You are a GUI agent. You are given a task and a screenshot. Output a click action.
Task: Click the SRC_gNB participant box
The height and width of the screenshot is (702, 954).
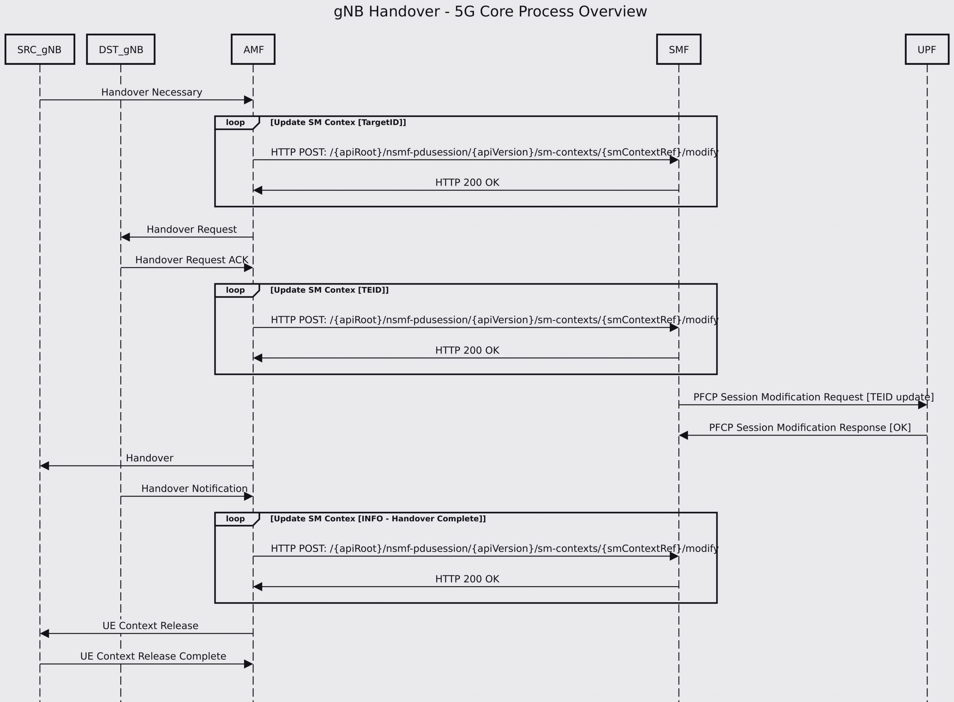click(40, 49)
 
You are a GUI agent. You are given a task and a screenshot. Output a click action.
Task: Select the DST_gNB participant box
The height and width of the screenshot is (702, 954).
click(121, 49)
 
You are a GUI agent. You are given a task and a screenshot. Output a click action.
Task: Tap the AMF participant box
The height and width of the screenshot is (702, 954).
click(253, 49)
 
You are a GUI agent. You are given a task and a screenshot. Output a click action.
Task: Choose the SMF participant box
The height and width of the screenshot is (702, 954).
click(679, 49)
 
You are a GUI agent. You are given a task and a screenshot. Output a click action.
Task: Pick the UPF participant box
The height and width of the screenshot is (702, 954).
click(927, 49)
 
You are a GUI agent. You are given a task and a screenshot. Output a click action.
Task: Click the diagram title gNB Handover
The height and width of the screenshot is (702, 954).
click(490, 12)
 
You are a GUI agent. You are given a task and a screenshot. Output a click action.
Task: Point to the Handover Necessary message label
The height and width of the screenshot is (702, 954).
click(151, 92)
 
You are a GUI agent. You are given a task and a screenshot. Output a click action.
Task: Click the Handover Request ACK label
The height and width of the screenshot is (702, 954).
click(192, 260)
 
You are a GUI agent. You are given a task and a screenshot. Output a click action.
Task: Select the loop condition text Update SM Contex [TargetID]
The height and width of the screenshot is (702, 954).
click(338, 122)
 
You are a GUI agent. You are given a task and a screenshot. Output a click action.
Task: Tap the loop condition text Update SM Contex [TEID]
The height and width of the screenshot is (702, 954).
click(329, 290)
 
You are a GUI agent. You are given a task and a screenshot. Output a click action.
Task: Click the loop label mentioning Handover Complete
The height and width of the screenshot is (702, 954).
click(378, 518)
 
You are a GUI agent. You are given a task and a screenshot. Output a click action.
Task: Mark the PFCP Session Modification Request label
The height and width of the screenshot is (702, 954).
click(814, 397)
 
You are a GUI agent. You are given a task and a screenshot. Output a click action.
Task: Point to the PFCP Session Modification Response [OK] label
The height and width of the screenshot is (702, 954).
click(810, 427)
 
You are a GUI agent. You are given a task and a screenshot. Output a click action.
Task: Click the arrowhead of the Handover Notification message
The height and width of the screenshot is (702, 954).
click(249, 496)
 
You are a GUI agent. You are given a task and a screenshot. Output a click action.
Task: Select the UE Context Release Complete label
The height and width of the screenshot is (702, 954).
click(153, 656)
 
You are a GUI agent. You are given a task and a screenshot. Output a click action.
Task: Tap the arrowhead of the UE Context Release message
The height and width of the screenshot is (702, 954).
click(44, 633)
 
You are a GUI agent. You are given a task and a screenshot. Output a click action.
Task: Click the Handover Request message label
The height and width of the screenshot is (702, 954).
click(192, 230)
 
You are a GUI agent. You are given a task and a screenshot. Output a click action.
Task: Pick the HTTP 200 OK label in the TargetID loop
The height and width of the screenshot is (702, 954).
click(467, 182)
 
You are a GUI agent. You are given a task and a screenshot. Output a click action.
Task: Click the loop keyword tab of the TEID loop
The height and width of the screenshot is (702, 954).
click(236, 290)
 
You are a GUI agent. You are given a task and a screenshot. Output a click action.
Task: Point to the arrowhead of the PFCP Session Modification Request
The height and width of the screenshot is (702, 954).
click(922, 405)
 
